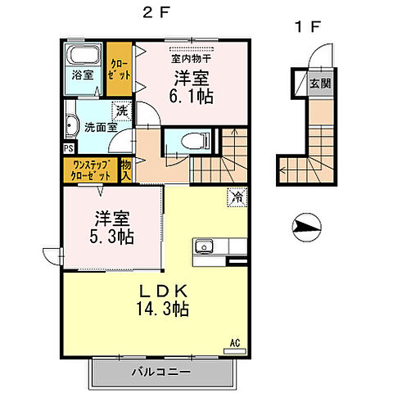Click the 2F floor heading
coord(155,14)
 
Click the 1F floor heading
coord(305,26)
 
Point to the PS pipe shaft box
coord(67,149)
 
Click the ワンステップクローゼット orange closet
coord(90,170)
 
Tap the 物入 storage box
coord(126,170)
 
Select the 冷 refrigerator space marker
coord(235,196)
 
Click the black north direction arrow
coord(304,225)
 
